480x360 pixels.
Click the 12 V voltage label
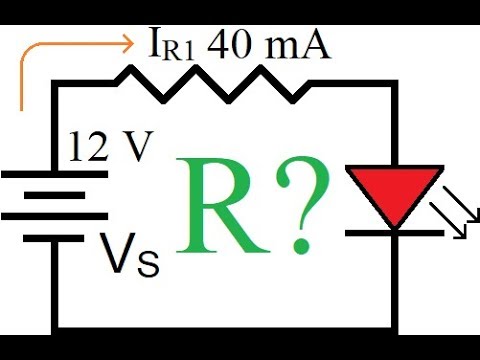coord(108,147)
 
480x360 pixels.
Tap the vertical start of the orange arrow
coord(21,90)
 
